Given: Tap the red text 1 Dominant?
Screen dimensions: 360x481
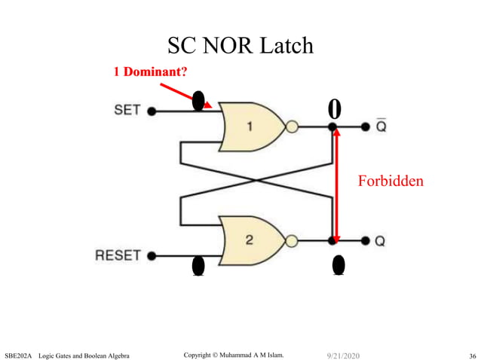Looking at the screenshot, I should tap(150, 72).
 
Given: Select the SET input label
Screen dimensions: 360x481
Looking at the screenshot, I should tap(127, 110).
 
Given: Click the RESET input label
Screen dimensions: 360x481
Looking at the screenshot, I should tap(118, 255).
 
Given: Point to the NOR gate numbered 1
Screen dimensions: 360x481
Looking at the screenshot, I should tap(250, 127).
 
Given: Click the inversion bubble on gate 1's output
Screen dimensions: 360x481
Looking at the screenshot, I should tap(292, 127).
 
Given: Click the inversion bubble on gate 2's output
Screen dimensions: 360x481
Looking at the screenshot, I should tap(292, 240).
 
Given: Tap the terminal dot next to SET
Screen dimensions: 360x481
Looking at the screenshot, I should tap(152, 111).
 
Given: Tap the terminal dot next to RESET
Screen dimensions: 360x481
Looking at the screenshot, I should tap(152, 256).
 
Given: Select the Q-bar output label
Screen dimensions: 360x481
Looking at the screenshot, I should tap(381, 126).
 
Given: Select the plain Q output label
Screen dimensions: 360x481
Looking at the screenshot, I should tap(381, 241).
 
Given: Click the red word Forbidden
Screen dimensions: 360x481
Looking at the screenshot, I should tap(391, 181).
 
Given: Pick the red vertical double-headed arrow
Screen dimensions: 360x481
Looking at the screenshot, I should tap(337, 185).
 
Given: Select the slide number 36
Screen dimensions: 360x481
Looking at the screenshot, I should tap(472, 355).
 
